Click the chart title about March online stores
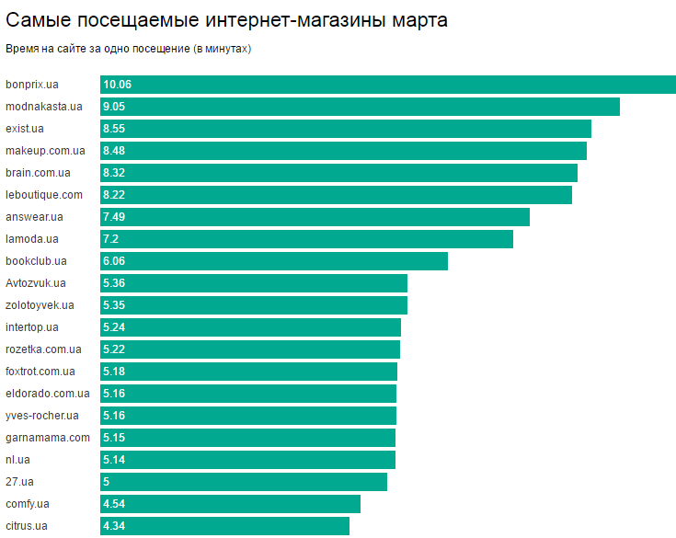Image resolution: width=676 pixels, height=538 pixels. [226, 19]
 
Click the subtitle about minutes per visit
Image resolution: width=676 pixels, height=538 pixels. [129, 48]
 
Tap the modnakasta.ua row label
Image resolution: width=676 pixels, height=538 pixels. [44, 107]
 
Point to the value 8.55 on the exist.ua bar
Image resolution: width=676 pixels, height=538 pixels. [116, 129]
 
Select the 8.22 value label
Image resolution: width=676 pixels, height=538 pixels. [116, 195]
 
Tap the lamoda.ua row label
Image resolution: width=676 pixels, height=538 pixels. [32, 239]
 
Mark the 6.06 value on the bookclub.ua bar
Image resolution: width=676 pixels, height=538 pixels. [116, 261]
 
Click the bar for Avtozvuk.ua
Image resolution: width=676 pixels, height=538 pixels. [254, 283]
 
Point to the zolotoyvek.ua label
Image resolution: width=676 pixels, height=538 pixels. [40, 305]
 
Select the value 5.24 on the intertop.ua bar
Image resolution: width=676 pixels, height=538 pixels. [116, 327]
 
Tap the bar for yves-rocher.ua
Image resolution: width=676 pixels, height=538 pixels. [248, 416]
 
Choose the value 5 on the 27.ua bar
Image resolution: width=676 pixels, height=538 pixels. [107, 482]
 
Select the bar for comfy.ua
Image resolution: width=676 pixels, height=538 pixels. [230, 504]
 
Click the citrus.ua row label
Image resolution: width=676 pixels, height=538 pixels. [27, 526]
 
